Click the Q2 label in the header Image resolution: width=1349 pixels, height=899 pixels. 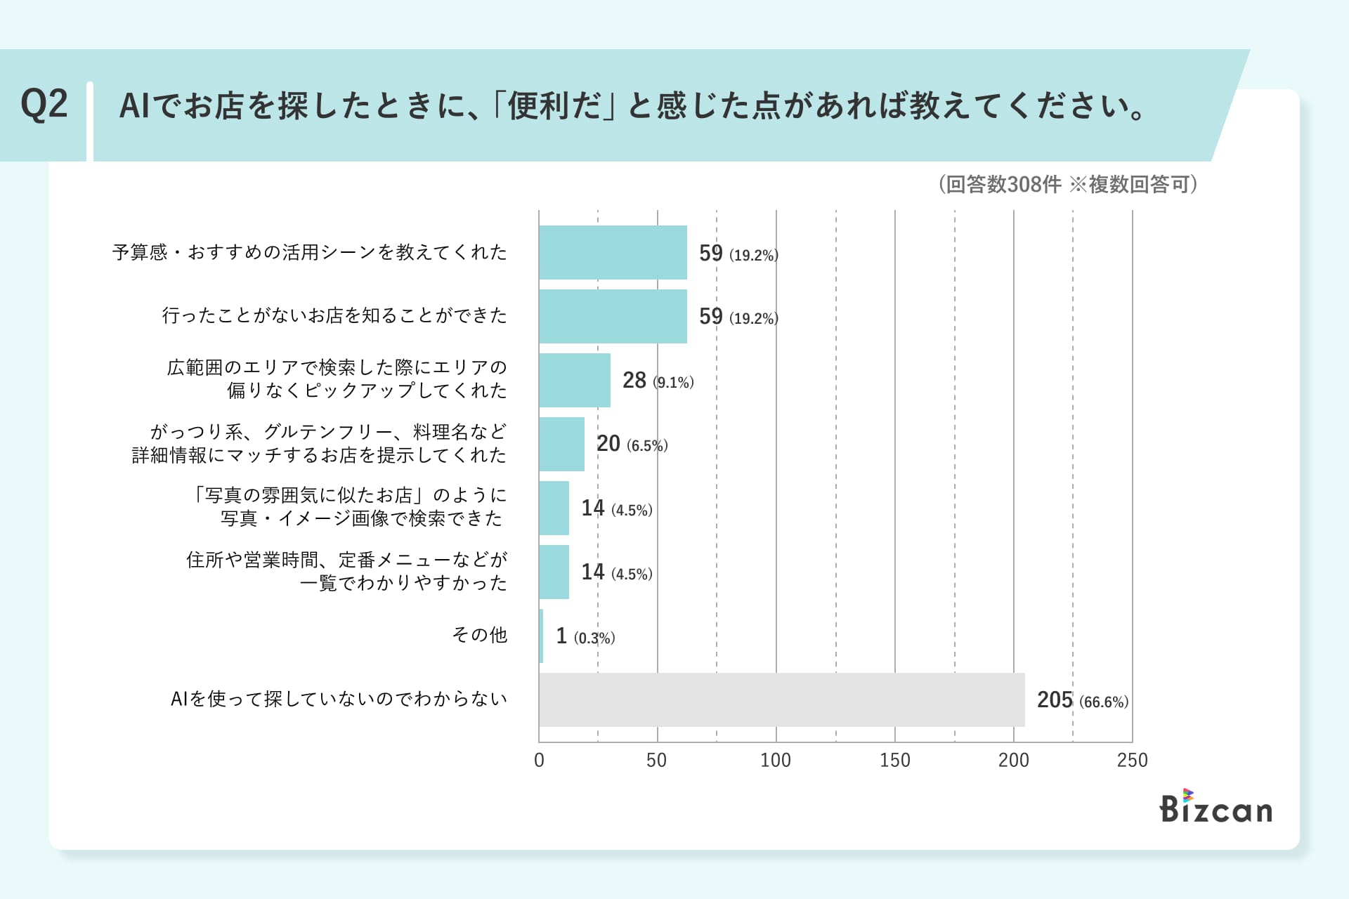(x=44, y=105)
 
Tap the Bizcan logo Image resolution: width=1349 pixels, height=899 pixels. (x=1216, y=808)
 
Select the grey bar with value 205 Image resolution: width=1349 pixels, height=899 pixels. (x=781, y=700)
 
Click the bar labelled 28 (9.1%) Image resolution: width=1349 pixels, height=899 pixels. (x=575, y=380)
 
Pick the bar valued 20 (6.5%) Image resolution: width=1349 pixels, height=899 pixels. (x=561, y=444)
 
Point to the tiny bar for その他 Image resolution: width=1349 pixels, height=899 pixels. (x=541, y=636)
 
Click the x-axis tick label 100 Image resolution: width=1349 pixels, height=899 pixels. (x=775, y=760)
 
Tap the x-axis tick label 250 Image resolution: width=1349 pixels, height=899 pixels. (x=1132, y=760)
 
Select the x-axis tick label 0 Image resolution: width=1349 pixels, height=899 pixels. (x=539, y=760)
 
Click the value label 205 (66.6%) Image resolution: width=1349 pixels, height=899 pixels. (x=1082, y=700)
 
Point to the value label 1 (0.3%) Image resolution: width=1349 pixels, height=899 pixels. (x=585, y=636)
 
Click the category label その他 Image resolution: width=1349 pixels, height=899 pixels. (x=479, y=635)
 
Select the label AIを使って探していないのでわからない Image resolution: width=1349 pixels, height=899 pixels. (x=339, y=699)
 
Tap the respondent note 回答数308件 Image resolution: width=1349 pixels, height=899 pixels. (x=1003, y=184)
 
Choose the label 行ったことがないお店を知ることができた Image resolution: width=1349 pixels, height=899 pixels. (x=334, y=315)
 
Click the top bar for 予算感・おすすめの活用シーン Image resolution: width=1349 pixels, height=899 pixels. (x=613, y=252)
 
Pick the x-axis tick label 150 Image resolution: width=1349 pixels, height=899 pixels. (x=894, y=760)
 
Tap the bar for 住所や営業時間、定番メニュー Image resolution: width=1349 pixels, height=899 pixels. (x=554, y=572)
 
